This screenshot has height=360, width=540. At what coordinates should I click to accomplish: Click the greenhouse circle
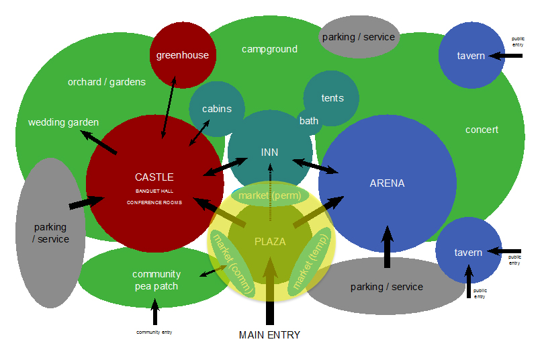tap(182, 55)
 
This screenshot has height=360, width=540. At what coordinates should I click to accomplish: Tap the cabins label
tap(217, 109)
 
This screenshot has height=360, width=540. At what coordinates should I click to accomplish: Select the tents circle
tap(332, 98)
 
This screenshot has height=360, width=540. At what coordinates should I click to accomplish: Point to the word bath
tap(309, 121)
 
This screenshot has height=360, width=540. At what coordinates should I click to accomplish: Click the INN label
tap(269, 152)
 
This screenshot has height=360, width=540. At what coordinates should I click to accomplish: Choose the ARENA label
tap(387, 183)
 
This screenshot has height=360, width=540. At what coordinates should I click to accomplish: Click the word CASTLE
tap(154, 177)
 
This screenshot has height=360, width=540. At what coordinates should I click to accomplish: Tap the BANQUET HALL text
tap(154, 191)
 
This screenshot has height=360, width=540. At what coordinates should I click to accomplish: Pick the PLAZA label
tap(270, 242)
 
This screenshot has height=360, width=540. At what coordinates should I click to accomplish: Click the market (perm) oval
tap(270, 195)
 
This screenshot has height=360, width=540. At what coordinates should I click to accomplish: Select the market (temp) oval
tap(310, 261)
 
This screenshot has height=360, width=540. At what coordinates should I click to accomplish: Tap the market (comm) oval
tap(232, 262)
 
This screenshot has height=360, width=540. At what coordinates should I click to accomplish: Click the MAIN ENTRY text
tap(269, 334)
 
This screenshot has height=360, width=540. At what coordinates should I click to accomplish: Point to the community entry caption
tap(154, 332)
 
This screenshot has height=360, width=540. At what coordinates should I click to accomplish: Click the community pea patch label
tap(156, 280)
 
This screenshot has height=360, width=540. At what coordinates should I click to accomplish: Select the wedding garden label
tap(63, 122)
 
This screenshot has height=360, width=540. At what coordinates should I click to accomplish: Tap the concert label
tap(482, 129)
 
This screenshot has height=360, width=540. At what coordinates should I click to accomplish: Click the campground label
tap(269, 49)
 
